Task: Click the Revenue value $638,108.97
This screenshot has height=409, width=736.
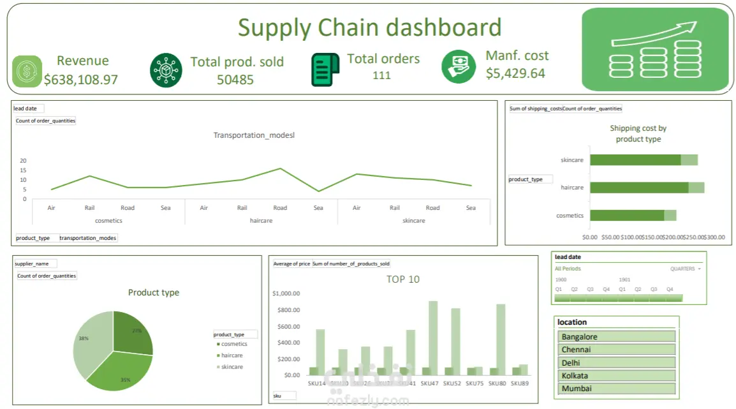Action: coord(81,80)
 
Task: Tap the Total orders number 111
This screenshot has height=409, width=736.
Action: coord(382,75)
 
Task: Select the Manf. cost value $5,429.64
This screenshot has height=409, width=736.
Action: coord(515,73)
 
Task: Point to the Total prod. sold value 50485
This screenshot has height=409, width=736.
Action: coord(235,80)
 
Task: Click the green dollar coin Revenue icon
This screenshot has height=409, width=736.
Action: coord(27,71)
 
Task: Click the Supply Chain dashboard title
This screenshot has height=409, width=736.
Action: coord(369,27)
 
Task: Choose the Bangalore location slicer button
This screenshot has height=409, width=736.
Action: coord(616,337)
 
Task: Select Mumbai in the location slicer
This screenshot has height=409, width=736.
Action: coord(616,389)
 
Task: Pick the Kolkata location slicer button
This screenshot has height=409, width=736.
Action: coord(616,376)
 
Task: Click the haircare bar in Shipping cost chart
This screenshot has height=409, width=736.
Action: coord(639,188)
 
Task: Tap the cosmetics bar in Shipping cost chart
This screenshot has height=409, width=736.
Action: coord(627,216)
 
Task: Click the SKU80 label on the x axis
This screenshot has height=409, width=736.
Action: coord(497,383)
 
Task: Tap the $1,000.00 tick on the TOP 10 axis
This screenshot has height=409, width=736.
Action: coord(286,294)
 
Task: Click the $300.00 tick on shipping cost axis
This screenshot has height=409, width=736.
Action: coord(714,237)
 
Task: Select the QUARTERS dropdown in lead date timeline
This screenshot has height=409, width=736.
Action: coord(685,269)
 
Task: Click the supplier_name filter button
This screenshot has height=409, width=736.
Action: coord(35,264)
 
